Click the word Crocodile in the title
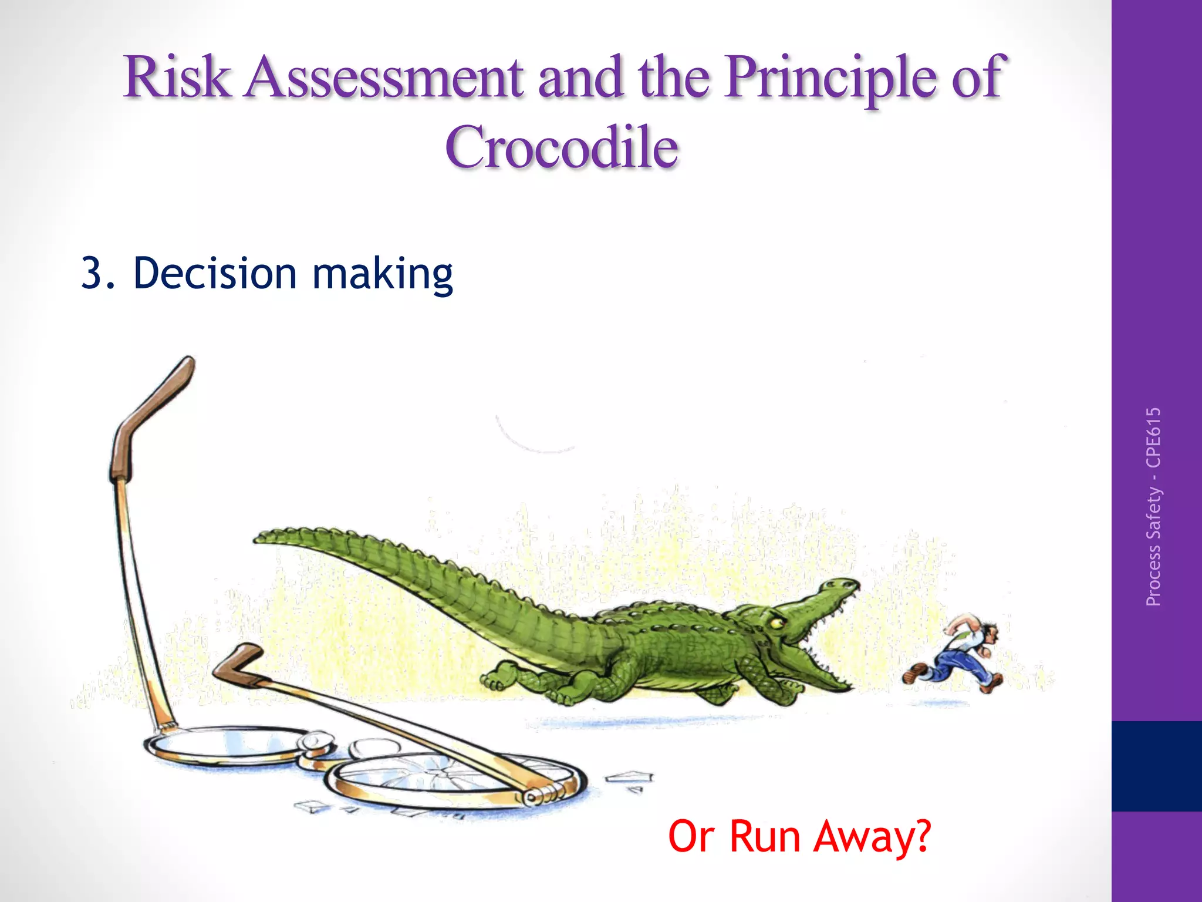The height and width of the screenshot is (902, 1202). click(x=562, y=147)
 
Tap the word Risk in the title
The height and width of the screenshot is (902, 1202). click(x=176, y=78)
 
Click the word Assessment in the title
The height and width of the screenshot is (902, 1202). click(x=384, y=78)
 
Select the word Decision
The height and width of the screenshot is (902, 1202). click(x=215, y=273)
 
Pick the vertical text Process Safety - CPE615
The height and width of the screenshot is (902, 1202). click(x=1153, y=506)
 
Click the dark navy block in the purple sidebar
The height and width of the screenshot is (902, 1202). click(x=1156, y=766)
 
